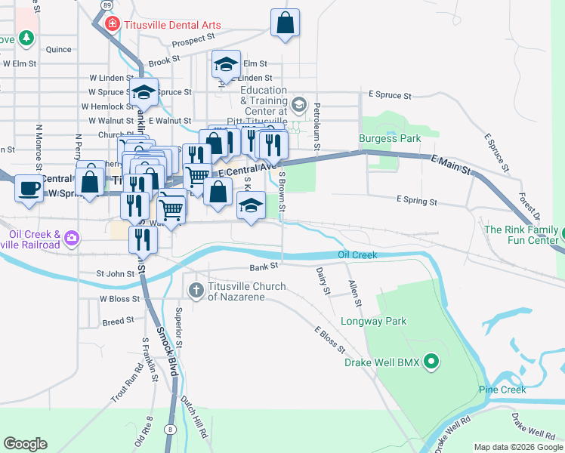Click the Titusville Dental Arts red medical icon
pyautogui.click(x=113, y=24)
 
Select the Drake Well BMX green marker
pyautogui.click(x=431, y=362)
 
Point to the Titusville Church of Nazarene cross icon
pyautogui.click(x=196, y=290)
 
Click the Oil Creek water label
pyautogui.click(x=357, y=255)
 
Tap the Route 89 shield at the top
pyautogui.click(x=104, y=5)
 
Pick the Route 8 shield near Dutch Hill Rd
pyautogui.click(x=171, y=429)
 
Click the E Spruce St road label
pyautogui.click(x=390, y=96)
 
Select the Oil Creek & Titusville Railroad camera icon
pyautogui.click(x=72, y=239)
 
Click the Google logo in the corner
pyautogui.click(x=25, y=444)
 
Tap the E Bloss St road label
pyautogui.click(x=330, y=341)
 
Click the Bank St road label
pyautogui.click(x=264, y=267)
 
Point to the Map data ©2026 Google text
pyautogui.click(x=518, y=447)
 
